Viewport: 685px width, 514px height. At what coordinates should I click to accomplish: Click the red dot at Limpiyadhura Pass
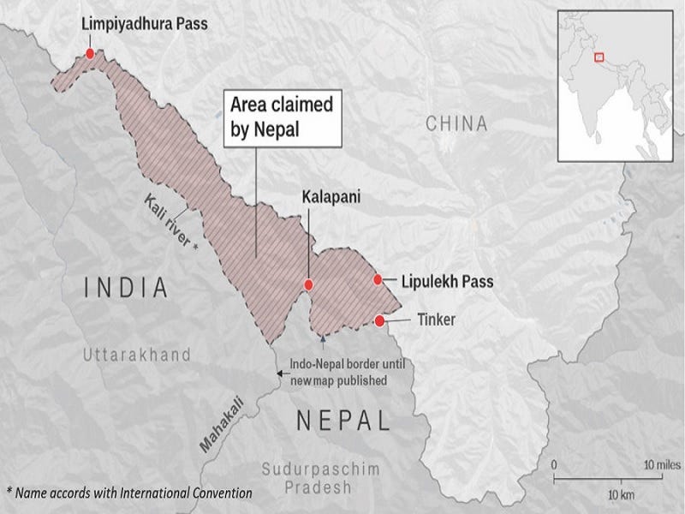coord(90,53)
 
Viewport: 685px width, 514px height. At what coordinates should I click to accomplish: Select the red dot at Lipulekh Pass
coord(377,279)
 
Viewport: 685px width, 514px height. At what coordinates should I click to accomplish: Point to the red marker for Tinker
coord(379,321)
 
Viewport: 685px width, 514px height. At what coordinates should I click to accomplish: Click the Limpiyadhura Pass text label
coord(144,24)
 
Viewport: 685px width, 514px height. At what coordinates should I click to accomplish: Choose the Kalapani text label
coord(330,196)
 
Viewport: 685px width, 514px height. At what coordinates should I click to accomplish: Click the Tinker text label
coord(436,321)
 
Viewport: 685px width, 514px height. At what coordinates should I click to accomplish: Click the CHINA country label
coord(457,124)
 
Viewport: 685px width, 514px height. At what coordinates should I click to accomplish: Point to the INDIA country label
coord(126,288)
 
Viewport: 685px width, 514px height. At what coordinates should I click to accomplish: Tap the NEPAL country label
coord(342,421)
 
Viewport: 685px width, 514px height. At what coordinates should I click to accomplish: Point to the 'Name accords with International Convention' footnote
coord(129,493)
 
